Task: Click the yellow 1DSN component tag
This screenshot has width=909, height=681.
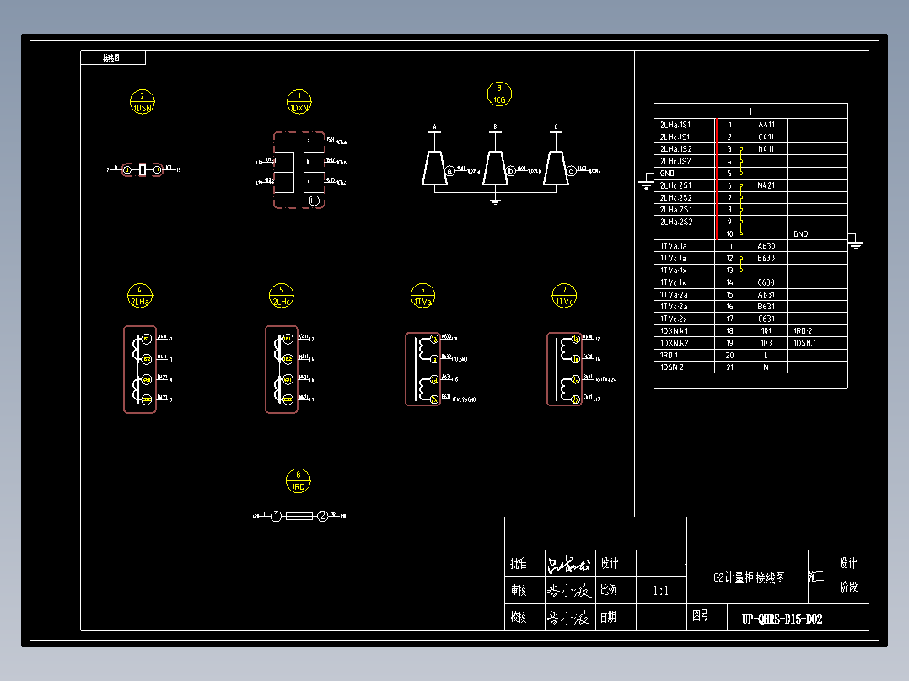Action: coord(143,102)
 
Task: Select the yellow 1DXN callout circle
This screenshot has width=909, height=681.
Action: coord(299,102)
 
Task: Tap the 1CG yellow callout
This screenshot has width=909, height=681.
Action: coord(499,94)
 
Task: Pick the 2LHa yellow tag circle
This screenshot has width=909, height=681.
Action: coord(140,296)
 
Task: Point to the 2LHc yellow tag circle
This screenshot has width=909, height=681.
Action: coord(282,296)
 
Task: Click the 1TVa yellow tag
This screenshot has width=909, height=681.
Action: coord(423,296)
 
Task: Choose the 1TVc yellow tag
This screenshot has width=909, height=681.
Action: coord(564,296)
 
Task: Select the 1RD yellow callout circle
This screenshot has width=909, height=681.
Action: coord(298,480)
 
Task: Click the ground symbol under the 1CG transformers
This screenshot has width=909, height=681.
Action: coord(496,200)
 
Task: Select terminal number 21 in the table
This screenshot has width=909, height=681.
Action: coord(729,367)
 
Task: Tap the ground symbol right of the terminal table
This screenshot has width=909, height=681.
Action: coord(856,245)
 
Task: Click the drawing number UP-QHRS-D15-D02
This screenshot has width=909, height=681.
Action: coord(782,619)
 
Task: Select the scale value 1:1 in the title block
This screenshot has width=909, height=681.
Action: coord(660,591)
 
